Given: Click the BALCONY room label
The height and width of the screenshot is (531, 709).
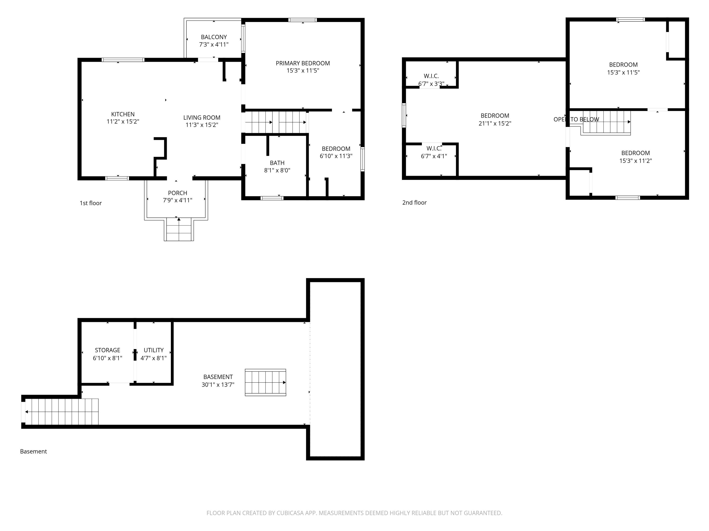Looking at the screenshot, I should [214, 37].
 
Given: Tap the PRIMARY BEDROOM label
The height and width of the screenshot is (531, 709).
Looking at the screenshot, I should [303, 63].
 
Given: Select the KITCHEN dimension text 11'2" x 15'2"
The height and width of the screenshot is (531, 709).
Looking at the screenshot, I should [123, 122].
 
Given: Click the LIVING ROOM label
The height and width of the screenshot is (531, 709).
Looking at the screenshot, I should [202, 118].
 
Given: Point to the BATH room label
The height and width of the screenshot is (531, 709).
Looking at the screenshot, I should [277, 163].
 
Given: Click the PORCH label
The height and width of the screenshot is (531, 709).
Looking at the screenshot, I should [177, 193].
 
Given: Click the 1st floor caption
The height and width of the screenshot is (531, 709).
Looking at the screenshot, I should [91, 203].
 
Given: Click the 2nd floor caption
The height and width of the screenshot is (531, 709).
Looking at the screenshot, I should [414, 202].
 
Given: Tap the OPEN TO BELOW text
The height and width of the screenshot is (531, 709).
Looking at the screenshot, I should [576, 119].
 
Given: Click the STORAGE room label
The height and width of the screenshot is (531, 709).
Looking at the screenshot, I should [107, 350].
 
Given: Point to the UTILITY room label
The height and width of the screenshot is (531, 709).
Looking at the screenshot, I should [154, 350].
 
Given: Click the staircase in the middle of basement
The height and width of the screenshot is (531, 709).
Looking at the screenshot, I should [265, 383].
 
